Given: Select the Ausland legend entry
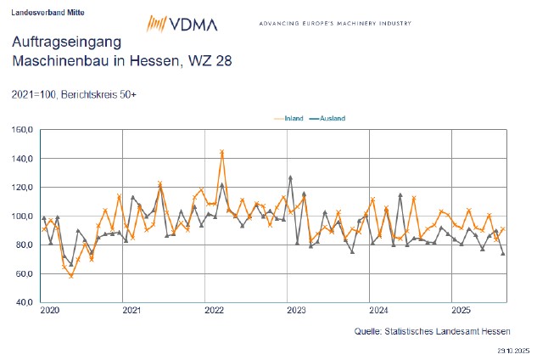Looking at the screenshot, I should pyautogui.click(x=330, y=118).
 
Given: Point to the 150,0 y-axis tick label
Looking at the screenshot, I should pyautogui.click(x=23, y=130).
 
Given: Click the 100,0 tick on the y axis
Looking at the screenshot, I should pyautogui.click(x=23, y=217).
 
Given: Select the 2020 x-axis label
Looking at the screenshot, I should pyautogui.click(x=50, y=311).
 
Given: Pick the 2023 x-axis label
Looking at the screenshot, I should pyautogui.click(x=297, y=311).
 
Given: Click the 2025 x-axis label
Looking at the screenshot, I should pyautogui.click(x=461, y=311).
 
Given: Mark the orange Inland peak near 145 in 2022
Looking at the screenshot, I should pyautogui.click(x=221, y=153).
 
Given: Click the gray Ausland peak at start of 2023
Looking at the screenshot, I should pyautogui.click(x=290, y=177).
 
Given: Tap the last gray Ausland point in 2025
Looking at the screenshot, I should pyautogui.click(x=503, y=253).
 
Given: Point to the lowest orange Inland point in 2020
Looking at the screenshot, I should pyautogui.click(x=71, y=275).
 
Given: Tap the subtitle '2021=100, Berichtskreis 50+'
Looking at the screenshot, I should pyautogui.click(x=75, y=94).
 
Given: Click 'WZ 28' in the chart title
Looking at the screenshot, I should pyautogui.click(x=215, y=61).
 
